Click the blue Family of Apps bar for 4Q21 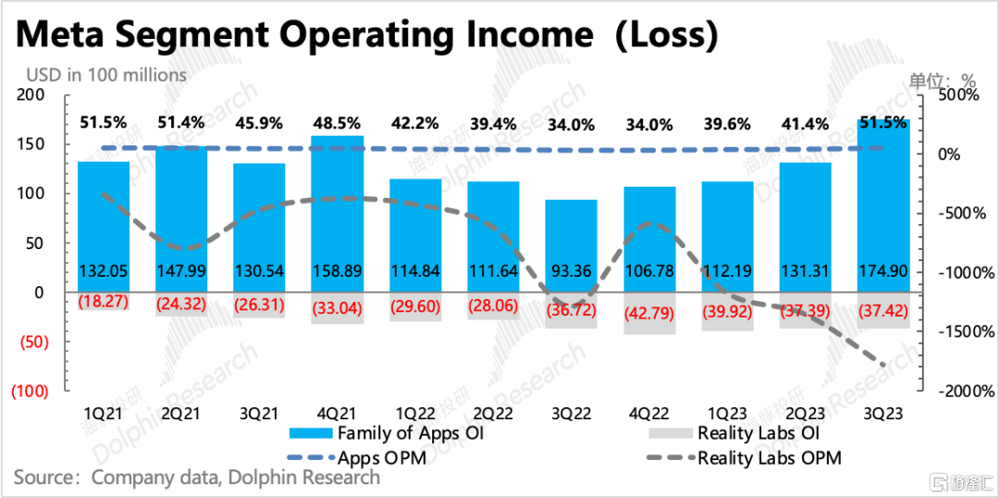click(337, 214)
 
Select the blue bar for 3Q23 click(883, 205)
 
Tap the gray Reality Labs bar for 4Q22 click(649, 313)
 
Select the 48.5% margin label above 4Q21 click(338, 122)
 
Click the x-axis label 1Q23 click(728, 415)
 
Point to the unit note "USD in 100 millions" click(106, 75)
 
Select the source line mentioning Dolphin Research click(196, 477)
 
